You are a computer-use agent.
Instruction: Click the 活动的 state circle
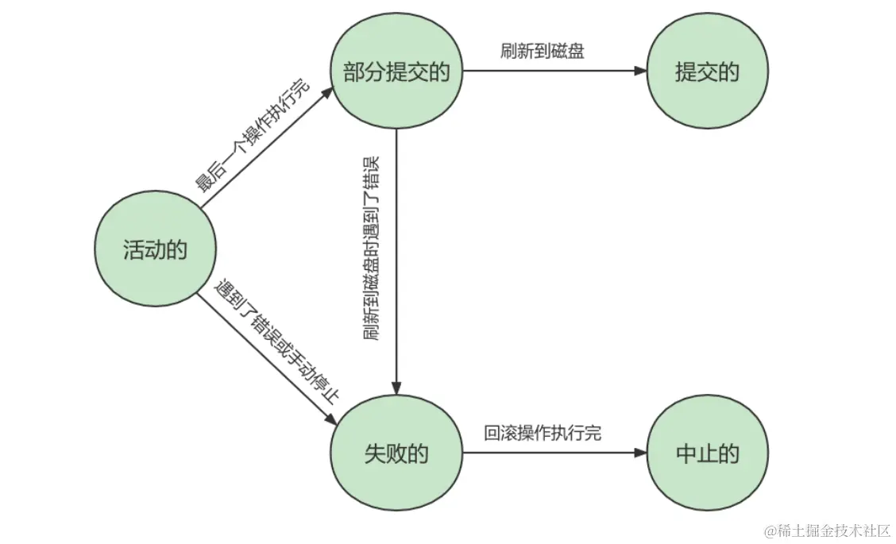[x=155, y=251]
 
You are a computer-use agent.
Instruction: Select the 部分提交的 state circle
[x=396, y=72]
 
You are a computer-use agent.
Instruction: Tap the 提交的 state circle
[x=707, y=72]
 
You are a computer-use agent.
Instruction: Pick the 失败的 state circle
[x=396, y=453]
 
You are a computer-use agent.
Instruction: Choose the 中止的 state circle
[x=707, y=453]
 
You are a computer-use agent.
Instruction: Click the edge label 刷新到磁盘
[x=543, y=52]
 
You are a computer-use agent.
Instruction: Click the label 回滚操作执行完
[x=543, y=433]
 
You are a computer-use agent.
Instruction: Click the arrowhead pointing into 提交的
[x=642, y=71]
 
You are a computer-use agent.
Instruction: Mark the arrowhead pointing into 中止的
[x=642, y=453]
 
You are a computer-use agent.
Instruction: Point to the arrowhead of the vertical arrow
[x=396, y=387]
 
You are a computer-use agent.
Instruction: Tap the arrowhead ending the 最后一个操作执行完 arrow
[x=326, y=94]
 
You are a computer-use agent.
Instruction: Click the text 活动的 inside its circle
[x=155, y=251]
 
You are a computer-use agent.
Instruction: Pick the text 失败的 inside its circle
[x=396, y=453]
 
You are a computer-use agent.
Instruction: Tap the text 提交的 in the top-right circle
[x=707, y=72]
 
